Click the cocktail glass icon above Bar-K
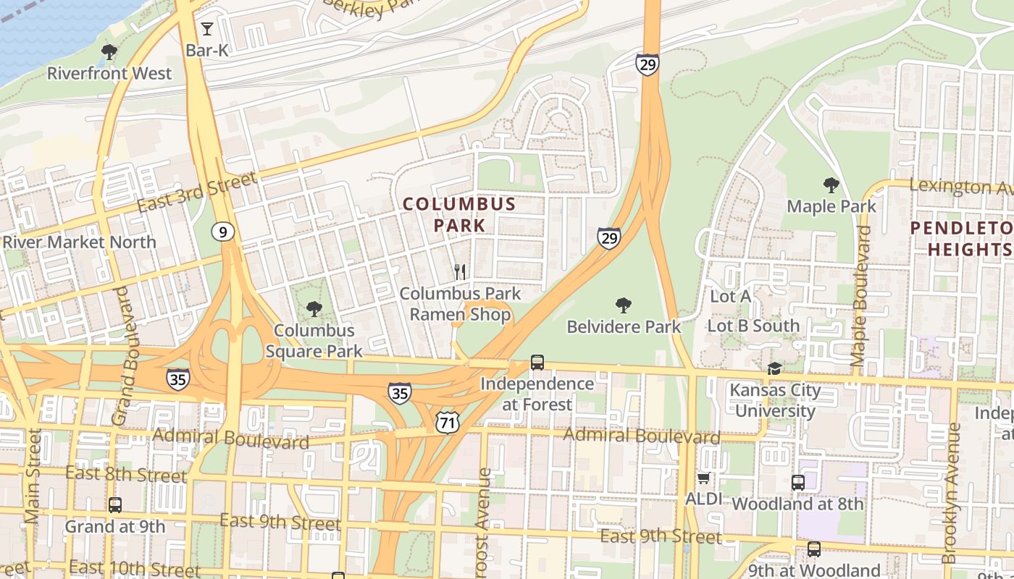click(207, 29)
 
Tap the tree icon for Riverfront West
click(109, 51)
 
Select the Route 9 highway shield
click(223, 232)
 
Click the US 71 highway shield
click(448, 422)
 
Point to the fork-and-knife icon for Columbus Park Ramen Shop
click(460, 272)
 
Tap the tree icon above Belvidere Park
click(623, 305)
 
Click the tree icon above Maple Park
click(831, 185)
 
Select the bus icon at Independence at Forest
click(537, 362)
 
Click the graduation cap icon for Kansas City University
click(775, 369)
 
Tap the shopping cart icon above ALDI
click(703, 478)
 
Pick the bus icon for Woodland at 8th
click(798, 482)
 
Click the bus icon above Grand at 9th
click(115, 505)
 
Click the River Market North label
click(79, 242)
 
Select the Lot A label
click(730, 296)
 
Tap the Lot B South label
click(753, 326)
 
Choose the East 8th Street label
click(126, 475)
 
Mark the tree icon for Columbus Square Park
click(314, 309)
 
